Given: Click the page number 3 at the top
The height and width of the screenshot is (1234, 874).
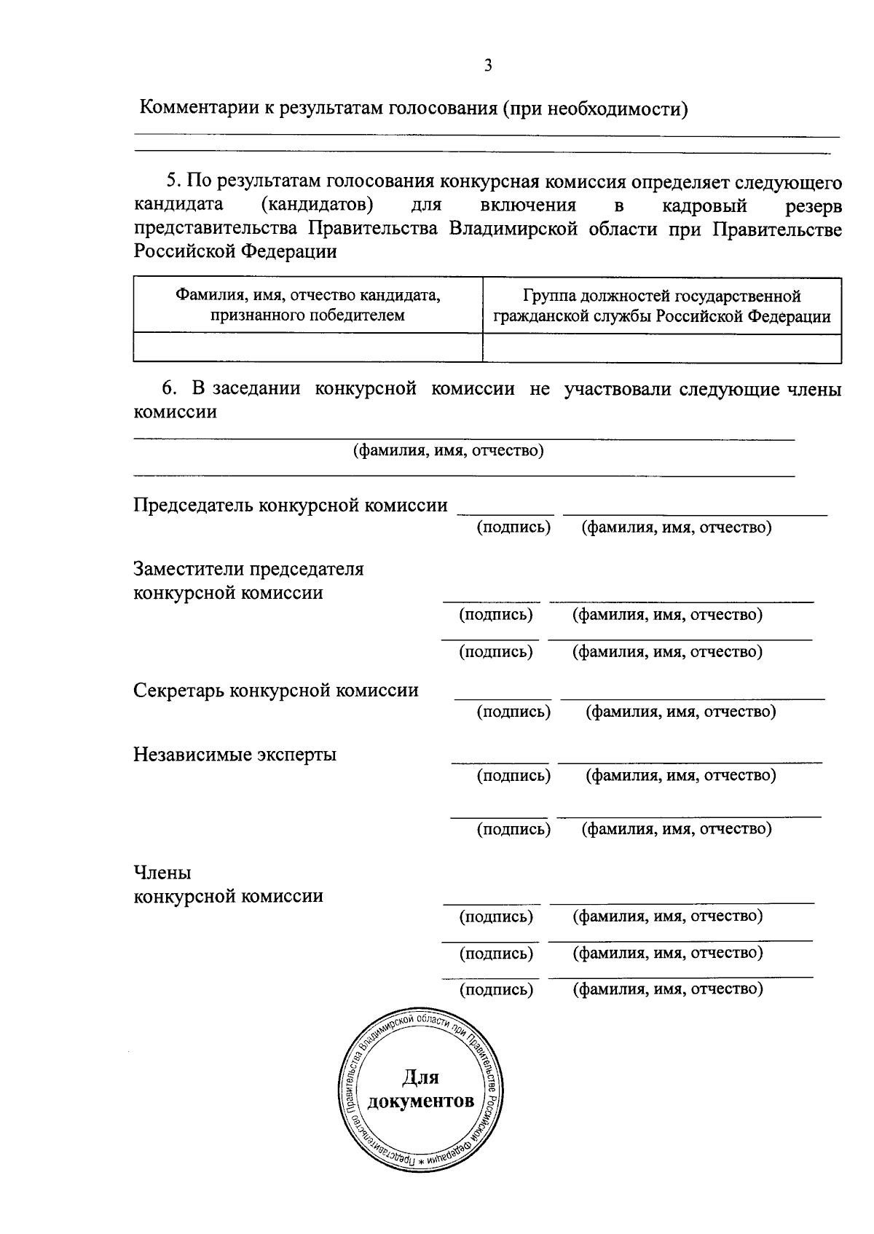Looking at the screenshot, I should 488,66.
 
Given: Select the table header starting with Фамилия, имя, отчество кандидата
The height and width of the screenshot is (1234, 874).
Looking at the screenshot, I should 307,305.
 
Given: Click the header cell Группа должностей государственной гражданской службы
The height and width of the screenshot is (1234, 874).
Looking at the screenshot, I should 661,306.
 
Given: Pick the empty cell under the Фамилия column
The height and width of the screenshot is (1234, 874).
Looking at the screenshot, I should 307,347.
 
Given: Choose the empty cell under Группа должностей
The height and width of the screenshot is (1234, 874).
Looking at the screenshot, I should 661,347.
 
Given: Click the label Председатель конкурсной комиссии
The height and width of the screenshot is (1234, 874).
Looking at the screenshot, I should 290,506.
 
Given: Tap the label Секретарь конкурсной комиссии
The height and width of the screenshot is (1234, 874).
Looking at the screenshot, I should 275,690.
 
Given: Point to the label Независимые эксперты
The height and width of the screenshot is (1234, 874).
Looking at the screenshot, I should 235,754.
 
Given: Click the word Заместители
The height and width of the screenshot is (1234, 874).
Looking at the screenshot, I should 188,569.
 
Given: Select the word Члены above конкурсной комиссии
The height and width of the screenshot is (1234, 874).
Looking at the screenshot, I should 162,872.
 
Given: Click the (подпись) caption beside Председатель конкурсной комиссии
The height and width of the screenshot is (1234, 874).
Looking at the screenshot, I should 513,527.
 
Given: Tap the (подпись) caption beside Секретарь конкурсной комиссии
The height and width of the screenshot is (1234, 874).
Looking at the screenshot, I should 513,711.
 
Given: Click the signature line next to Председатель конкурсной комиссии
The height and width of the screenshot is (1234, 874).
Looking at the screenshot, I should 505,514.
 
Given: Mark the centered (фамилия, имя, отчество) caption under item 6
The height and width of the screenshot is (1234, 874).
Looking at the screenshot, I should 448,450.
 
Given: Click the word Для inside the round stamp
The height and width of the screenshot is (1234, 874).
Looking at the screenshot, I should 420,1077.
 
